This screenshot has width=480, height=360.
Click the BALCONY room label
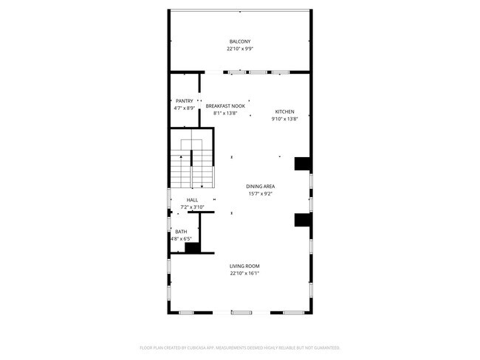(x=239, y=41)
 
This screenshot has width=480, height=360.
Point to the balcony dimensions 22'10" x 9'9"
(x=239, y=49)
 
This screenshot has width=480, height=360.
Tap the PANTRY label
(x=184, y=101)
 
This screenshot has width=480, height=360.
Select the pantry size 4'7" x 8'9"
(x=184, y=108)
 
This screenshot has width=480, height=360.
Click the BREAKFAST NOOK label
(x=225, y=106)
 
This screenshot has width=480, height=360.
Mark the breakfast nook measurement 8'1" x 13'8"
(x=225, y=114)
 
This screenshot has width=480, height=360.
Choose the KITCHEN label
(x=284, y=111)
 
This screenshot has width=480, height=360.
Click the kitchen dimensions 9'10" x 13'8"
(x=284, y=119)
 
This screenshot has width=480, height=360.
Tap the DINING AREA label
(x=260, y=186)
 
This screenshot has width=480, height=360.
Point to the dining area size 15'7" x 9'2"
(x=260, y=193)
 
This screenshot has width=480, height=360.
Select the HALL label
(x=192, y=200)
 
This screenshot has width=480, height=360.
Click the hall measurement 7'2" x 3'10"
(x=192, y=207)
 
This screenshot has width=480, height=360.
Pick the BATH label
(x=181, y=232)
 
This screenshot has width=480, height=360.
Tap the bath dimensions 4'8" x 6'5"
(x=181, y=239)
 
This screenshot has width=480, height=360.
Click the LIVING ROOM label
(x=244, y=266)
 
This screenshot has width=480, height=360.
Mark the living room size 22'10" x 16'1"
(x=244, y=273)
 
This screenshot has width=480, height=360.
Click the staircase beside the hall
(x=192, y=166)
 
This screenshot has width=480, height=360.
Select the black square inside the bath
(x=192, y=248)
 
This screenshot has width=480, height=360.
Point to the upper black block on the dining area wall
(x=301, y=164)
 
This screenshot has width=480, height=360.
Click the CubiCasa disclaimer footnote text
(x=239, y=347)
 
